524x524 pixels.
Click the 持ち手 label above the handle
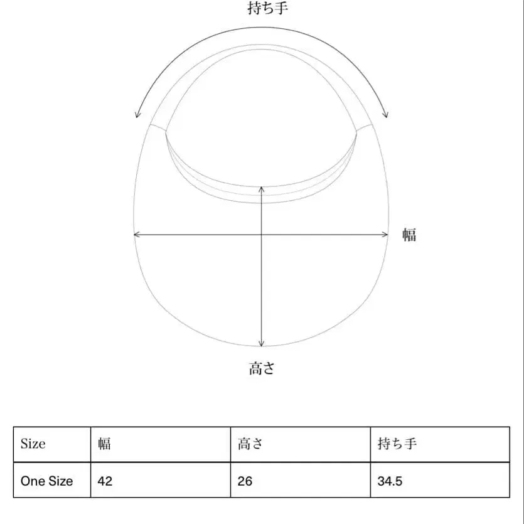click(268, 8)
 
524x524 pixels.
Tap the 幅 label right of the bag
click(409, 235)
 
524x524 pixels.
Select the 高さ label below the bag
click(262, 368)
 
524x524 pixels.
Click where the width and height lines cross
click(261, 235)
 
